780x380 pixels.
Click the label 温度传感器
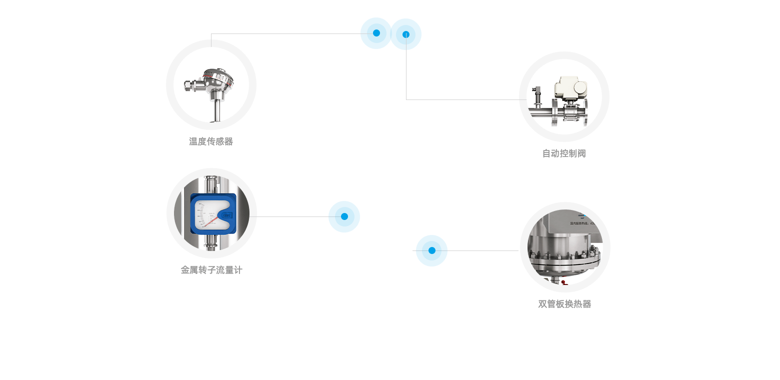click(211, 141)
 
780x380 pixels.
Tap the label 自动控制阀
click(564, 153)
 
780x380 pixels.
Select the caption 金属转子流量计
click(211, 270)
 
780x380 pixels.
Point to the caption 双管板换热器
click(564, 304)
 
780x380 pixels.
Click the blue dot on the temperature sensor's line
click(375, 33)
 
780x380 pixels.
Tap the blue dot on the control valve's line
click(406, 34)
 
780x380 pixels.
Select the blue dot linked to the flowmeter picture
click(344, 216)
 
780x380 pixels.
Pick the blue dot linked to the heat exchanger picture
click(431, 250)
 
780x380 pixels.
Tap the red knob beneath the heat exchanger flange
click(563, 282)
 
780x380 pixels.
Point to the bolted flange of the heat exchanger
click(565, 261)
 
